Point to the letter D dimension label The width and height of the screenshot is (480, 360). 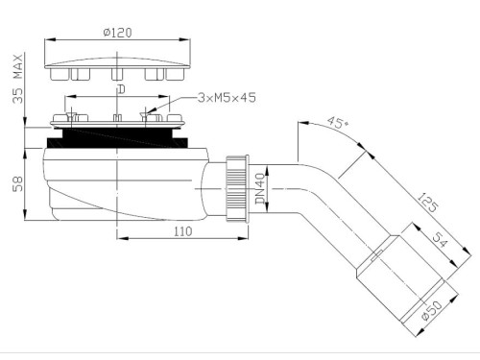tap(119, 89)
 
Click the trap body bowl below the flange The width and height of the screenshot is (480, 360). tap(115, 182)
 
